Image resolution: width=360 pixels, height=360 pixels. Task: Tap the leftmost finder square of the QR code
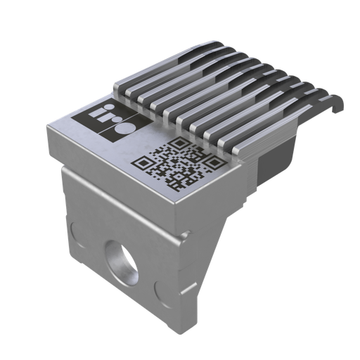142,165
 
